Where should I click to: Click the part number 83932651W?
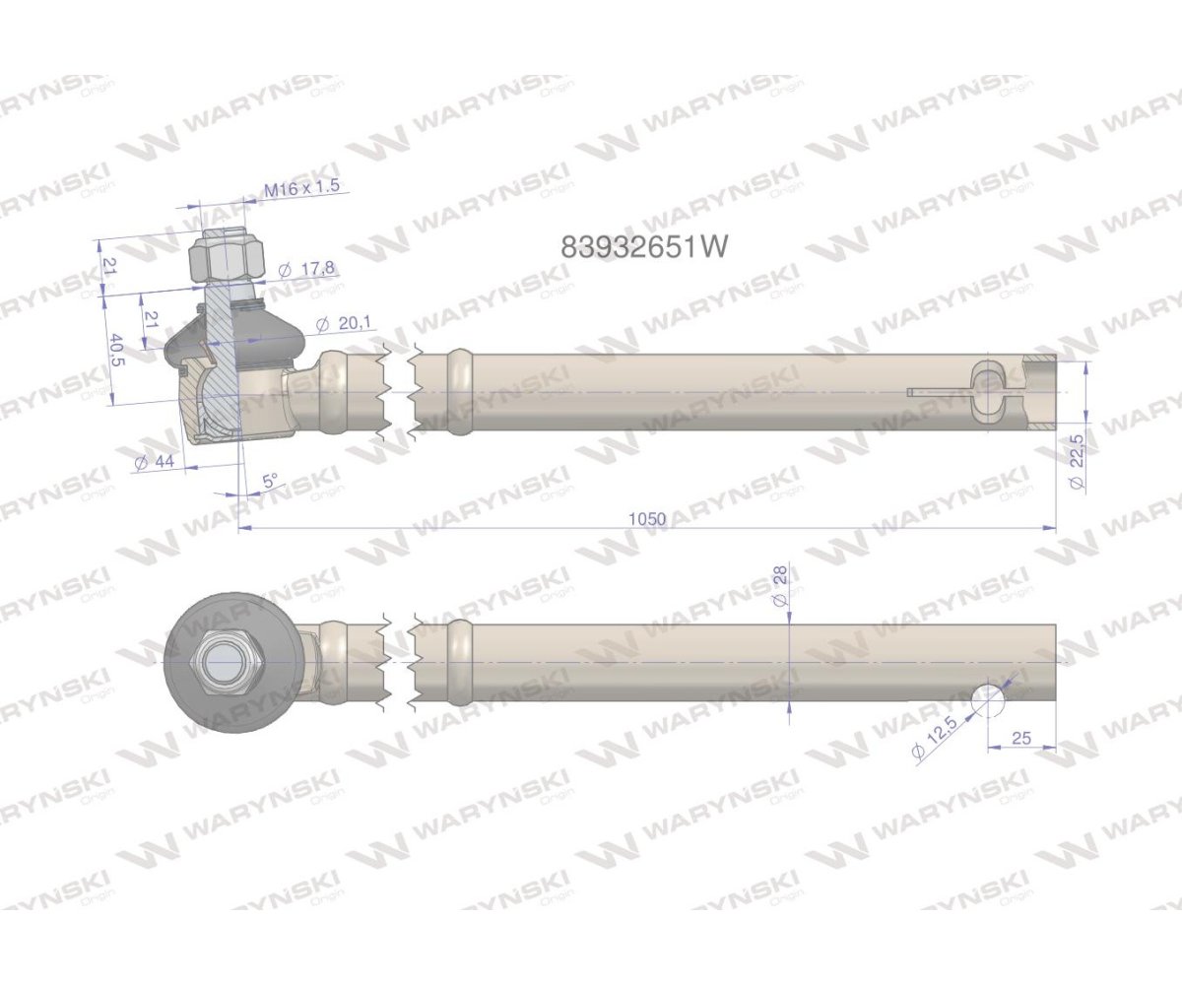(643, 246)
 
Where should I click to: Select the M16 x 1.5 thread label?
(302, 187)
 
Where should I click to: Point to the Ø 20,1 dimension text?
(344, 323)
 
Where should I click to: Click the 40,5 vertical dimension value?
(115, 350)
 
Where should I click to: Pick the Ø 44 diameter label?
(155, 462)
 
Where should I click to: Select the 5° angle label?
(270, 482)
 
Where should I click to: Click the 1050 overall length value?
(647, 518)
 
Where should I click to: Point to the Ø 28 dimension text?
(780, 594)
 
